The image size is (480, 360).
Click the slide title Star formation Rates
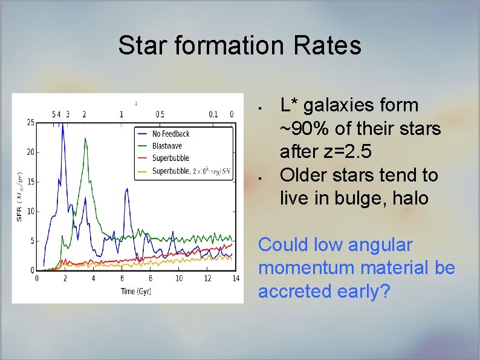coord(239,45)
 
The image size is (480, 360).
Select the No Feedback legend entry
coord(170,134)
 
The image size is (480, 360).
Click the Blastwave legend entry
coord(167,146)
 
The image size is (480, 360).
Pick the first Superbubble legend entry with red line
coord(170,159)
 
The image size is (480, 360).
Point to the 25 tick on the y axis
coord(30,123)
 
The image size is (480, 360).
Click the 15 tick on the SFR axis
coord(30,182)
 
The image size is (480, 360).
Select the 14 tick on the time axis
coord(235,278)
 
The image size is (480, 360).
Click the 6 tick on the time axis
coord(122,278)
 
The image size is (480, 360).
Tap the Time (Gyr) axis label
coord(136,291)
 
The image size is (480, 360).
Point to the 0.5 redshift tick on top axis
coord(160,114)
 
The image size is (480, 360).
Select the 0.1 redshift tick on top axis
coord(213,114)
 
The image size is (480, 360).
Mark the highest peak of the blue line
coord(62,125)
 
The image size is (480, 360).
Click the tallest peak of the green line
coord(85,139)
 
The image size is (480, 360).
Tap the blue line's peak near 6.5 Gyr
coord(126,189)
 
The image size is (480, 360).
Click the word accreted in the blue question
coord(294,291)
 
